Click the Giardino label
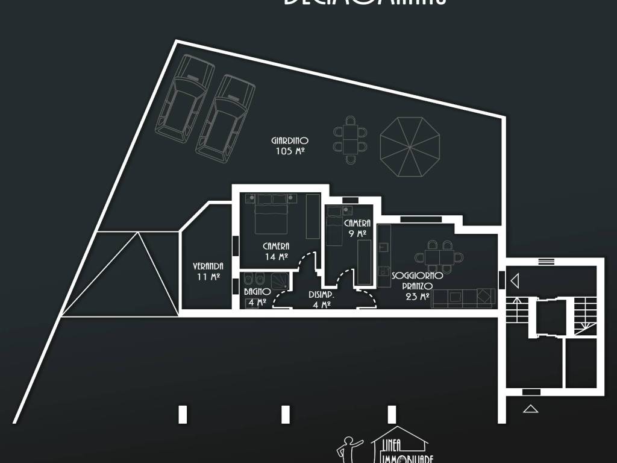290,141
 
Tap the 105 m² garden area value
290,151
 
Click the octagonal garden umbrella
410,146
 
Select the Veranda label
208,266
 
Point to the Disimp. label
321,295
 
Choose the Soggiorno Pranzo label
418,280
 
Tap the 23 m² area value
417,297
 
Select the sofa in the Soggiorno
464,297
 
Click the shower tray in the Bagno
279,281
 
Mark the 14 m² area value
276,256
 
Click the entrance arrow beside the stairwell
515,281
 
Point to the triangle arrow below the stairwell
530,409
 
